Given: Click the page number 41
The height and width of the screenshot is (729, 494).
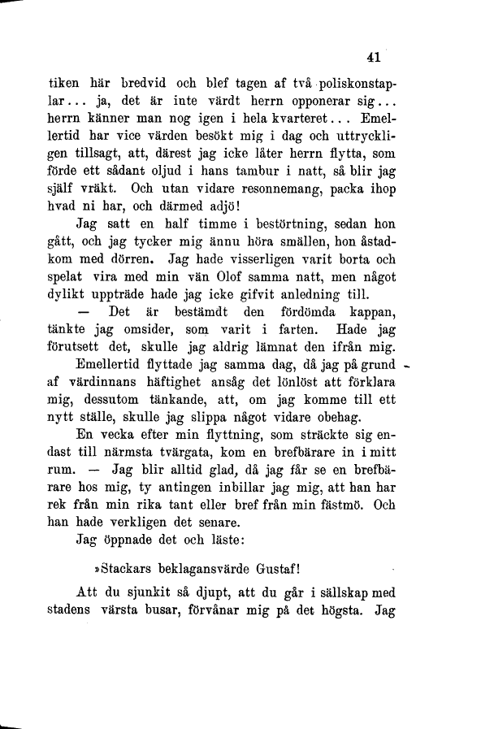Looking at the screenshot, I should pos(374,57).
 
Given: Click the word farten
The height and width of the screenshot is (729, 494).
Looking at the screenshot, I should pos(288,356).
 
